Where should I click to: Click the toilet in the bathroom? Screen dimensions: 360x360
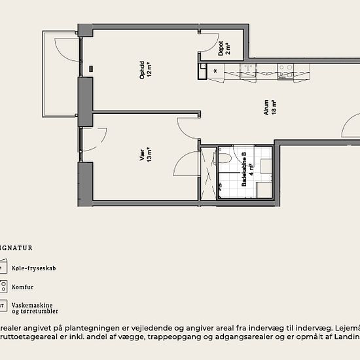[224, 158]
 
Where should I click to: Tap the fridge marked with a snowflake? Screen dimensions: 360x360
[215, 71]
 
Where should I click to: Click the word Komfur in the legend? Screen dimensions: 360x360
[22, 287]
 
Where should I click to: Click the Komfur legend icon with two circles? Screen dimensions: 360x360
[3, 287]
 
